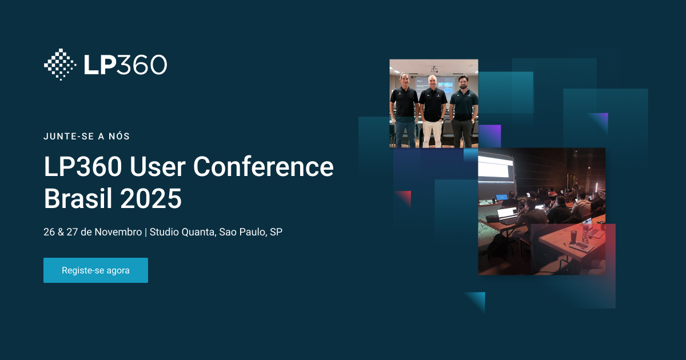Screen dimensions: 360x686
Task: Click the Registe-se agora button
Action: point(95,270)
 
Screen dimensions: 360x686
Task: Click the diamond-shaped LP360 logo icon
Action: point(60,65)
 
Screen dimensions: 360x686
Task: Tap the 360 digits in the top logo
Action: point(142,65)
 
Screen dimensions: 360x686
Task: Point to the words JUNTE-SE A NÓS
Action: point(87,137)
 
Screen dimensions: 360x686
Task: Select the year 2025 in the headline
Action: point(151,198)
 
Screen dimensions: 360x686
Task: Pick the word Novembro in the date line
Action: point(118,233)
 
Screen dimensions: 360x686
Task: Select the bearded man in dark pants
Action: point(463,111)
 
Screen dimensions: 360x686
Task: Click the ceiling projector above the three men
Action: point(434,69)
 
